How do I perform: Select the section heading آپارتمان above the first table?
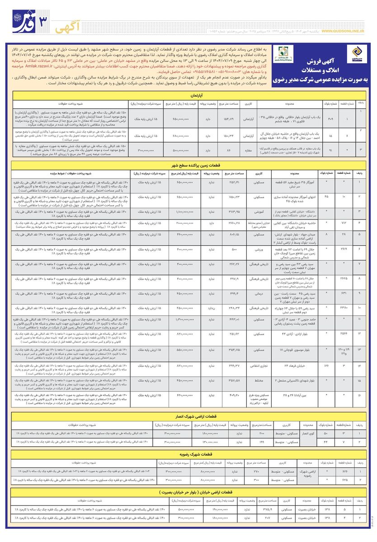click(188, 84)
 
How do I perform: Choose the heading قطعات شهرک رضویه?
click(188, 454)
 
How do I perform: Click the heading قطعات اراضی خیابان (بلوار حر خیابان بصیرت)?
click(188, 492)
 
